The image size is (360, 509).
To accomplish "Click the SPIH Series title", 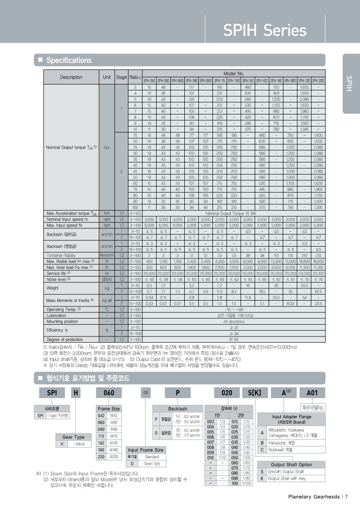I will tap(265, 30).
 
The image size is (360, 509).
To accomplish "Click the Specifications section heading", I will tap(69, 60).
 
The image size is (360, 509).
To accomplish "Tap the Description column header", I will tap(71, 77).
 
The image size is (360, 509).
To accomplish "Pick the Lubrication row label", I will tap(57, 315).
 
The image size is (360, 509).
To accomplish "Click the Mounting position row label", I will tap(62, 321).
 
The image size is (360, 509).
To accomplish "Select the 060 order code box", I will tap(109, 392).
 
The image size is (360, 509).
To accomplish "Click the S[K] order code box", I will tap(255, 392).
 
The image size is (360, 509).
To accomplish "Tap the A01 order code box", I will tap(313, 392).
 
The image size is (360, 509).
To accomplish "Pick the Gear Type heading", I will tap(73, 437).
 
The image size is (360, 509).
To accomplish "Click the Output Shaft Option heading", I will tap(291, 465).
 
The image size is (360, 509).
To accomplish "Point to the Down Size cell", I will tap(152, 464).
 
